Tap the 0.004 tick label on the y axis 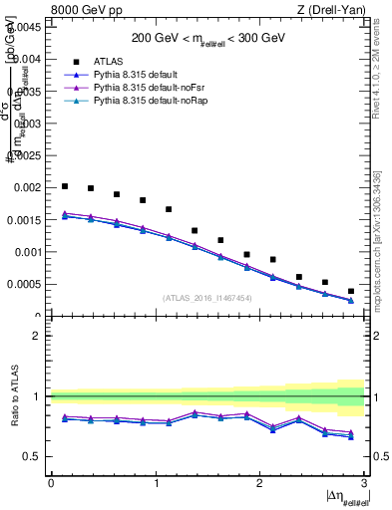coord(27,60)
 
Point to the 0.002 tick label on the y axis coord(27,188)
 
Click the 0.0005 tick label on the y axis coord(24,284)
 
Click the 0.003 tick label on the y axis coord(27,124)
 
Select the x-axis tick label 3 coord(365,483)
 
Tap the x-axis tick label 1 coord(156,483)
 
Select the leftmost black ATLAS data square coord(65,186)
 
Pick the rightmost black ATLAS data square coord(351,291)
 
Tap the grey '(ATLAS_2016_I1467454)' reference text coord(207,297)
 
